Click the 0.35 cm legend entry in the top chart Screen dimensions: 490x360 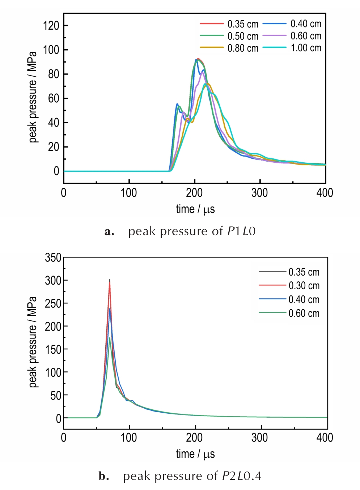pyautogui.click(x=243, y=24)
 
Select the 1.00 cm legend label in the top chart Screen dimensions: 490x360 pyautogui.click(x=306, y=48)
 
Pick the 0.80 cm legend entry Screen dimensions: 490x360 pyautogui.click(x=243, y=48)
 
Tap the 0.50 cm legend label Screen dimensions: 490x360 pyautogui.click(x=243, y=36)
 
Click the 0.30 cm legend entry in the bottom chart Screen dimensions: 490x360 pyautogui.click(x=304, y=286)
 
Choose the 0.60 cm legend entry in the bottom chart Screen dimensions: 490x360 pyautogui.click(x=304, y=313)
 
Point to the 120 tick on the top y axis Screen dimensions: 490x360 pyautogui.click(x=51, y=26)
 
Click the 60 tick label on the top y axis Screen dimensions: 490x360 pyautogui.click(x=54, y=98)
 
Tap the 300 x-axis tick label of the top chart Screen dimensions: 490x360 pyautogui.click(x=259, y=193)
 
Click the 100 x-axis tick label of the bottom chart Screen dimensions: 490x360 pyautogui.click(x=129, y=438)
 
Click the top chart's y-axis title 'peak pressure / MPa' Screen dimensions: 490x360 pyautogui.click(x=33, y=97)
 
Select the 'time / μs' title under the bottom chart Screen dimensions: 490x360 pyautogui.click(x=195, y=454)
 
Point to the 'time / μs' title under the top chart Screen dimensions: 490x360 pyautogui.click(x=195, y=209)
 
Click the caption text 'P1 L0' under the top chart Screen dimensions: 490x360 pyautogui.click(x=241, y=231)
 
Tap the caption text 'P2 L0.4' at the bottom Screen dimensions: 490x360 pyautogui.click(x=241, y=476)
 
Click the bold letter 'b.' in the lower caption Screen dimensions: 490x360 pyautogui.click(x=104, y=476)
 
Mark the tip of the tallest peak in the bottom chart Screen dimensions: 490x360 pyautogui.click(x=110, y=280)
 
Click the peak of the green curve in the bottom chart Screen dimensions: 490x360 pyautogui.click(x=110, y=338)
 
